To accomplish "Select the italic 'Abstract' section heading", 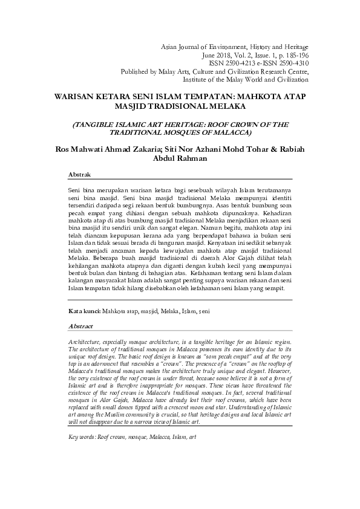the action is pyautogui.click(x=80, y=326).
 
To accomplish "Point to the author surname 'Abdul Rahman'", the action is pyautogui.click(x=180, y=158).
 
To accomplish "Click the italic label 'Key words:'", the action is pyautogui.click(x=82, y=436).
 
